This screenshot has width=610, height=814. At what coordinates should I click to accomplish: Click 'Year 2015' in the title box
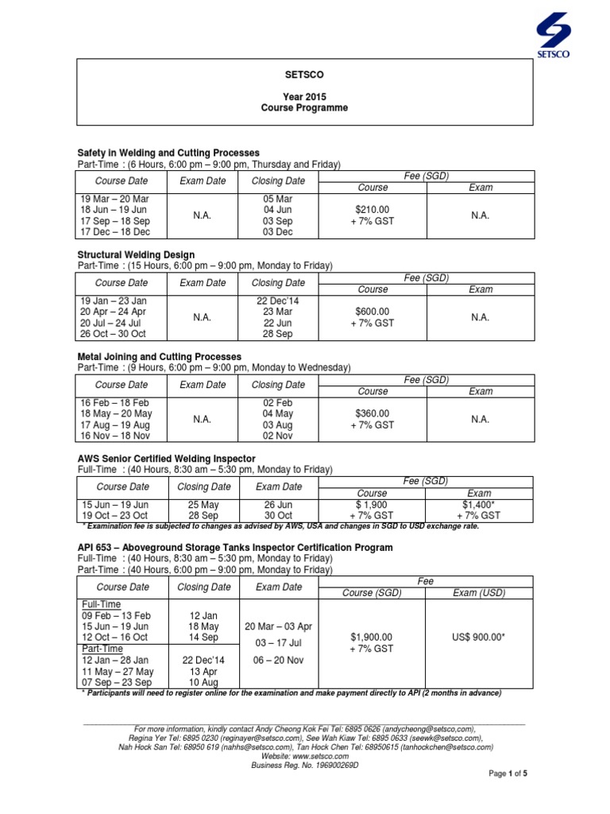point(305,95)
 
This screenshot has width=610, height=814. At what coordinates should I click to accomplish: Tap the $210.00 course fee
point(372,209)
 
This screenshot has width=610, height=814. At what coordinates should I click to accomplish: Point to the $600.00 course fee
point(372,312)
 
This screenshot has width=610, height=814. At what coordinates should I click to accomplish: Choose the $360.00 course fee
point(372,413)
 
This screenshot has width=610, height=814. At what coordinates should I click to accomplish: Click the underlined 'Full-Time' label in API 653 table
point(99,604)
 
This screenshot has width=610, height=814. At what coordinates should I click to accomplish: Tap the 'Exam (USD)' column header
point(479,592)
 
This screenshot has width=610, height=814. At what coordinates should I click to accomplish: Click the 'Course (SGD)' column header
point(372,592)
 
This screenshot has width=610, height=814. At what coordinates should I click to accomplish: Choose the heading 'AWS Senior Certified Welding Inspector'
point(166,459)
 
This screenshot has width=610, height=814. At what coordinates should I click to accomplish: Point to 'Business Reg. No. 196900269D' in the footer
point(305,765)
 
